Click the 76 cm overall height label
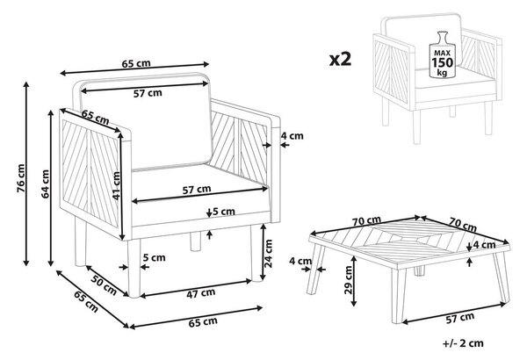[21, 178]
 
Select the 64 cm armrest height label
[46, 184]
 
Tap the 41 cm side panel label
[116, 185]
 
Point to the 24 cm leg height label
[268, 254]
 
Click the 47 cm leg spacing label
[200, 293]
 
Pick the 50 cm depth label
[105, 285]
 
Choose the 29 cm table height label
[349, 280]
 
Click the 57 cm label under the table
[459, 318]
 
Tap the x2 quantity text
[340, 59]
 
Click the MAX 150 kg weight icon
[442, 54]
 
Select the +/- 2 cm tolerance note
[463, 343]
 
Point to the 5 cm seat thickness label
[223, 212]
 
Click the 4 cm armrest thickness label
[292, 136]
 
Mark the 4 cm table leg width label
[300, 261]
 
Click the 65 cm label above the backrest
[136, 63]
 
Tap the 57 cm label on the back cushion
[148, 93]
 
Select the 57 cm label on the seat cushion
[197, 190]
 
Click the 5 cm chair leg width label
[154, 257]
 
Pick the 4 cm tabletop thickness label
[484, 245]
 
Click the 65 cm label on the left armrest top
[95, 117]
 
